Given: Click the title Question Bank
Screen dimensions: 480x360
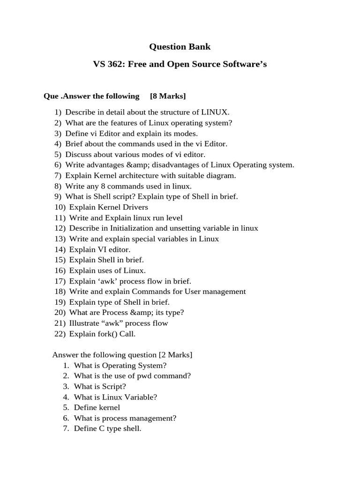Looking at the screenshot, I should (180, 46).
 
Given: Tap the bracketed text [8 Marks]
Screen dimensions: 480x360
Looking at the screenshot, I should (168, 96).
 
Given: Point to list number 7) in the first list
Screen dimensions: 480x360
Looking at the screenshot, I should (58, 175).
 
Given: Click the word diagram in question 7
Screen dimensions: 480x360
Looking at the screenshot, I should (221, 175).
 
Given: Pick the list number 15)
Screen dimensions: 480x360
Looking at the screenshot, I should (60, 260).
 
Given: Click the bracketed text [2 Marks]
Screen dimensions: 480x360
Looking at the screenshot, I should (175, 355).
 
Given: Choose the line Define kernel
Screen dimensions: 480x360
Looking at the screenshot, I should (97, 407).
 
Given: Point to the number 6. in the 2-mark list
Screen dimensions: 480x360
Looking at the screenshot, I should (66, 418).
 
